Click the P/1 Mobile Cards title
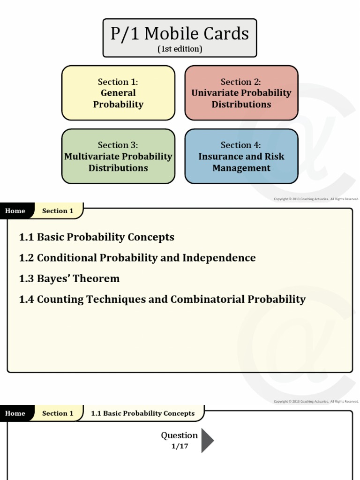coord(180,34)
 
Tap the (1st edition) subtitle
coord(180,49)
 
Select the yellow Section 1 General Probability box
coord(118,93)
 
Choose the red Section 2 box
coord(241,93)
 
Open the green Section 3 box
coord(118,156)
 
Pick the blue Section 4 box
coord(241,156)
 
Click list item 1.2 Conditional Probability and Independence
coord(137,258)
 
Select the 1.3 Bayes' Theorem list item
coord(69,278)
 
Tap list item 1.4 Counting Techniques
coord(162,299)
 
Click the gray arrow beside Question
coord(207,440)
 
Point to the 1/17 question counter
coord(180,446)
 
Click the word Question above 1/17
coord(179,435)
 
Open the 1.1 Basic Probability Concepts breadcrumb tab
coord(142,413)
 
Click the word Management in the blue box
coord(241,168)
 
